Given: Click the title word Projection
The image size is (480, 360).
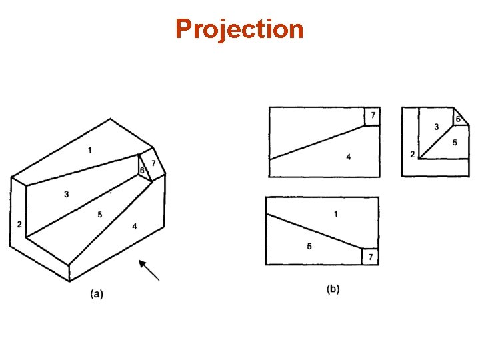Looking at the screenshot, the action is [239, 29].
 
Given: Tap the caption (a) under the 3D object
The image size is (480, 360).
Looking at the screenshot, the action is [97, 292].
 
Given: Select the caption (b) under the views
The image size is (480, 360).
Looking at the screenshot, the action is [333, 289].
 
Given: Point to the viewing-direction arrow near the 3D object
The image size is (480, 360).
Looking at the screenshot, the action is [149, 270].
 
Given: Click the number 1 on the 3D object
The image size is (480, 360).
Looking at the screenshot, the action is [89, 151].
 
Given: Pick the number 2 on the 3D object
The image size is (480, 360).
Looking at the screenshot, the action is [19, 224].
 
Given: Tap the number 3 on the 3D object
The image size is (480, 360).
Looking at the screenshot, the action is [67, 195].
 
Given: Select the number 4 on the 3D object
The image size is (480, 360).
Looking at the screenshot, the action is [135, 227].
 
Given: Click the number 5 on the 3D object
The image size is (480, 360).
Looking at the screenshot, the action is [99, 214].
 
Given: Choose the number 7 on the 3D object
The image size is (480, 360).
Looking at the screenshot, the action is [153, 163].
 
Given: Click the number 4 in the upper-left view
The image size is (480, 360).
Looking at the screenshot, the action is [348, 157].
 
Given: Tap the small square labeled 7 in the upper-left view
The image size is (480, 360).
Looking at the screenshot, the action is [372, 116].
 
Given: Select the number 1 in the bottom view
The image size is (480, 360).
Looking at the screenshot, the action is [335, 213].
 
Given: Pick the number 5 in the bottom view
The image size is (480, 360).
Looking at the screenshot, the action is [309, 246].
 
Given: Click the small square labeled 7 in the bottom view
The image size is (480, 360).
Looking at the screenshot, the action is [370, 257].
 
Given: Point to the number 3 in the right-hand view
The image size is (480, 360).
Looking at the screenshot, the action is [436, 127].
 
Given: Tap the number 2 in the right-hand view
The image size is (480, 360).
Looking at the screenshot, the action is [413, 155].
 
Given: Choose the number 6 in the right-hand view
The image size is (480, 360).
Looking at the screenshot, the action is [458, 119].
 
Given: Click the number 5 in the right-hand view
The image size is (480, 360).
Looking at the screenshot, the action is [454, 142].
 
